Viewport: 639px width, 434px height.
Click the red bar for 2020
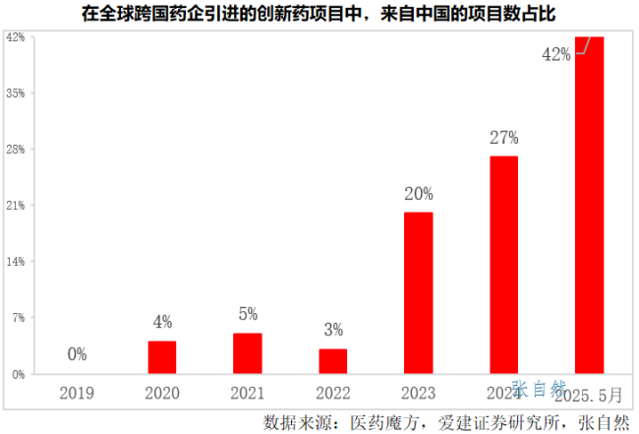pyautogui.click(x=162, y=357)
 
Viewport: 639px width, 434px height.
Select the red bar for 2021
pyautogui.click(x=248, y=353)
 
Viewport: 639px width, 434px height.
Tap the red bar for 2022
pyautogui.click(x=333, y=361)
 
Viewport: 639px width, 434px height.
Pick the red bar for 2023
pyautogui.click(x=418, y=292)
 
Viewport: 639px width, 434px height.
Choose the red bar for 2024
pyautogui.click(x=503, y=265)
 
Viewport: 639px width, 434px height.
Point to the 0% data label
pyautogui.click(x=77, y=354)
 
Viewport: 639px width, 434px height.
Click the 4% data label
pyautogui.click(x=162, y=322)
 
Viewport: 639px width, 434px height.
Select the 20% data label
pyautogui.click(x=418, y=194)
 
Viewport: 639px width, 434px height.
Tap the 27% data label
pyautogui.click(x=503, y=138)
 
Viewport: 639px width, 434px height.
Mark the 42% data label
pyautogui.click(x=555, y=55)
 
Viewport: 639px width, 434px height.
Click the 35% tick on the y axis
pyautogui.click(x=16, y=93)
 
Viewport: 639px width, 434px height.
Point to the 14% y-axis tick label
pyautogui.click(x=16, y=262)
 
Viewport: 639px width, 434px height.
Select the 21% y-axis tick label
pyautogui.click(x=16, y=206)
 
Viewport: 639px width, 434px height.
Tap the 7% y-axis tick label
pyautogui.click(x=18, y=318)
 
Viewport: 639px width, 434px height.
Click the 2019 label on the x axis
pyautogui.click(x=77, y=394)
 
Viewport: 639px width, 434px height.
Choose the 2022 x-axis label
pyautogui.click(x=333, y=394)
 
